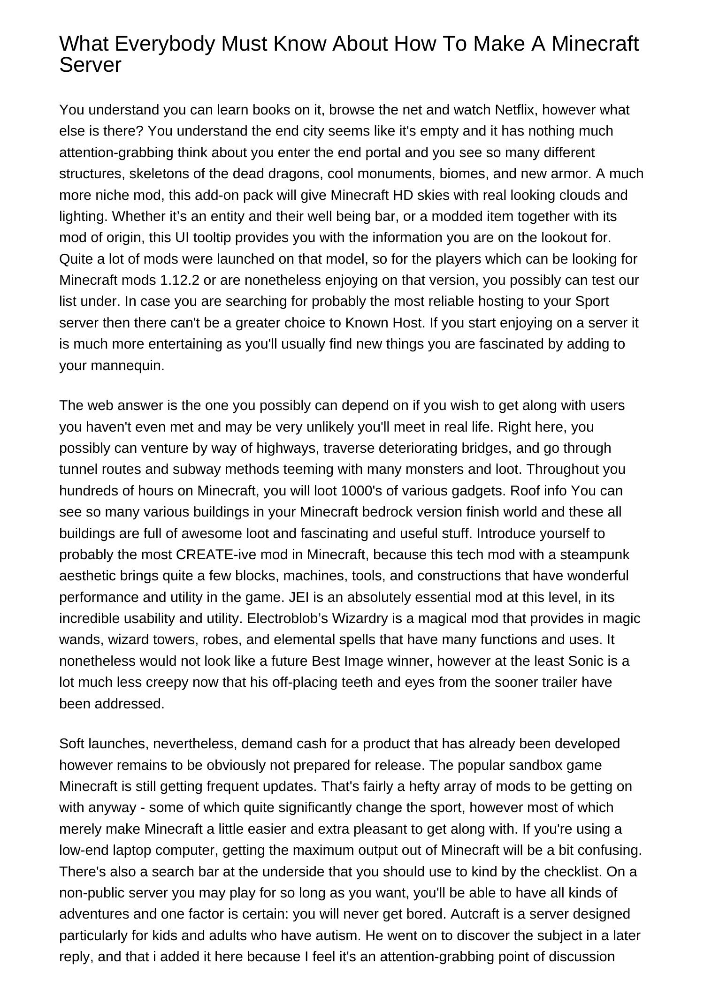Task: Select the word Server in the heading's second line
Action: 90,65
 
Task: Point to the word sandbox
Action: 534,765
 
